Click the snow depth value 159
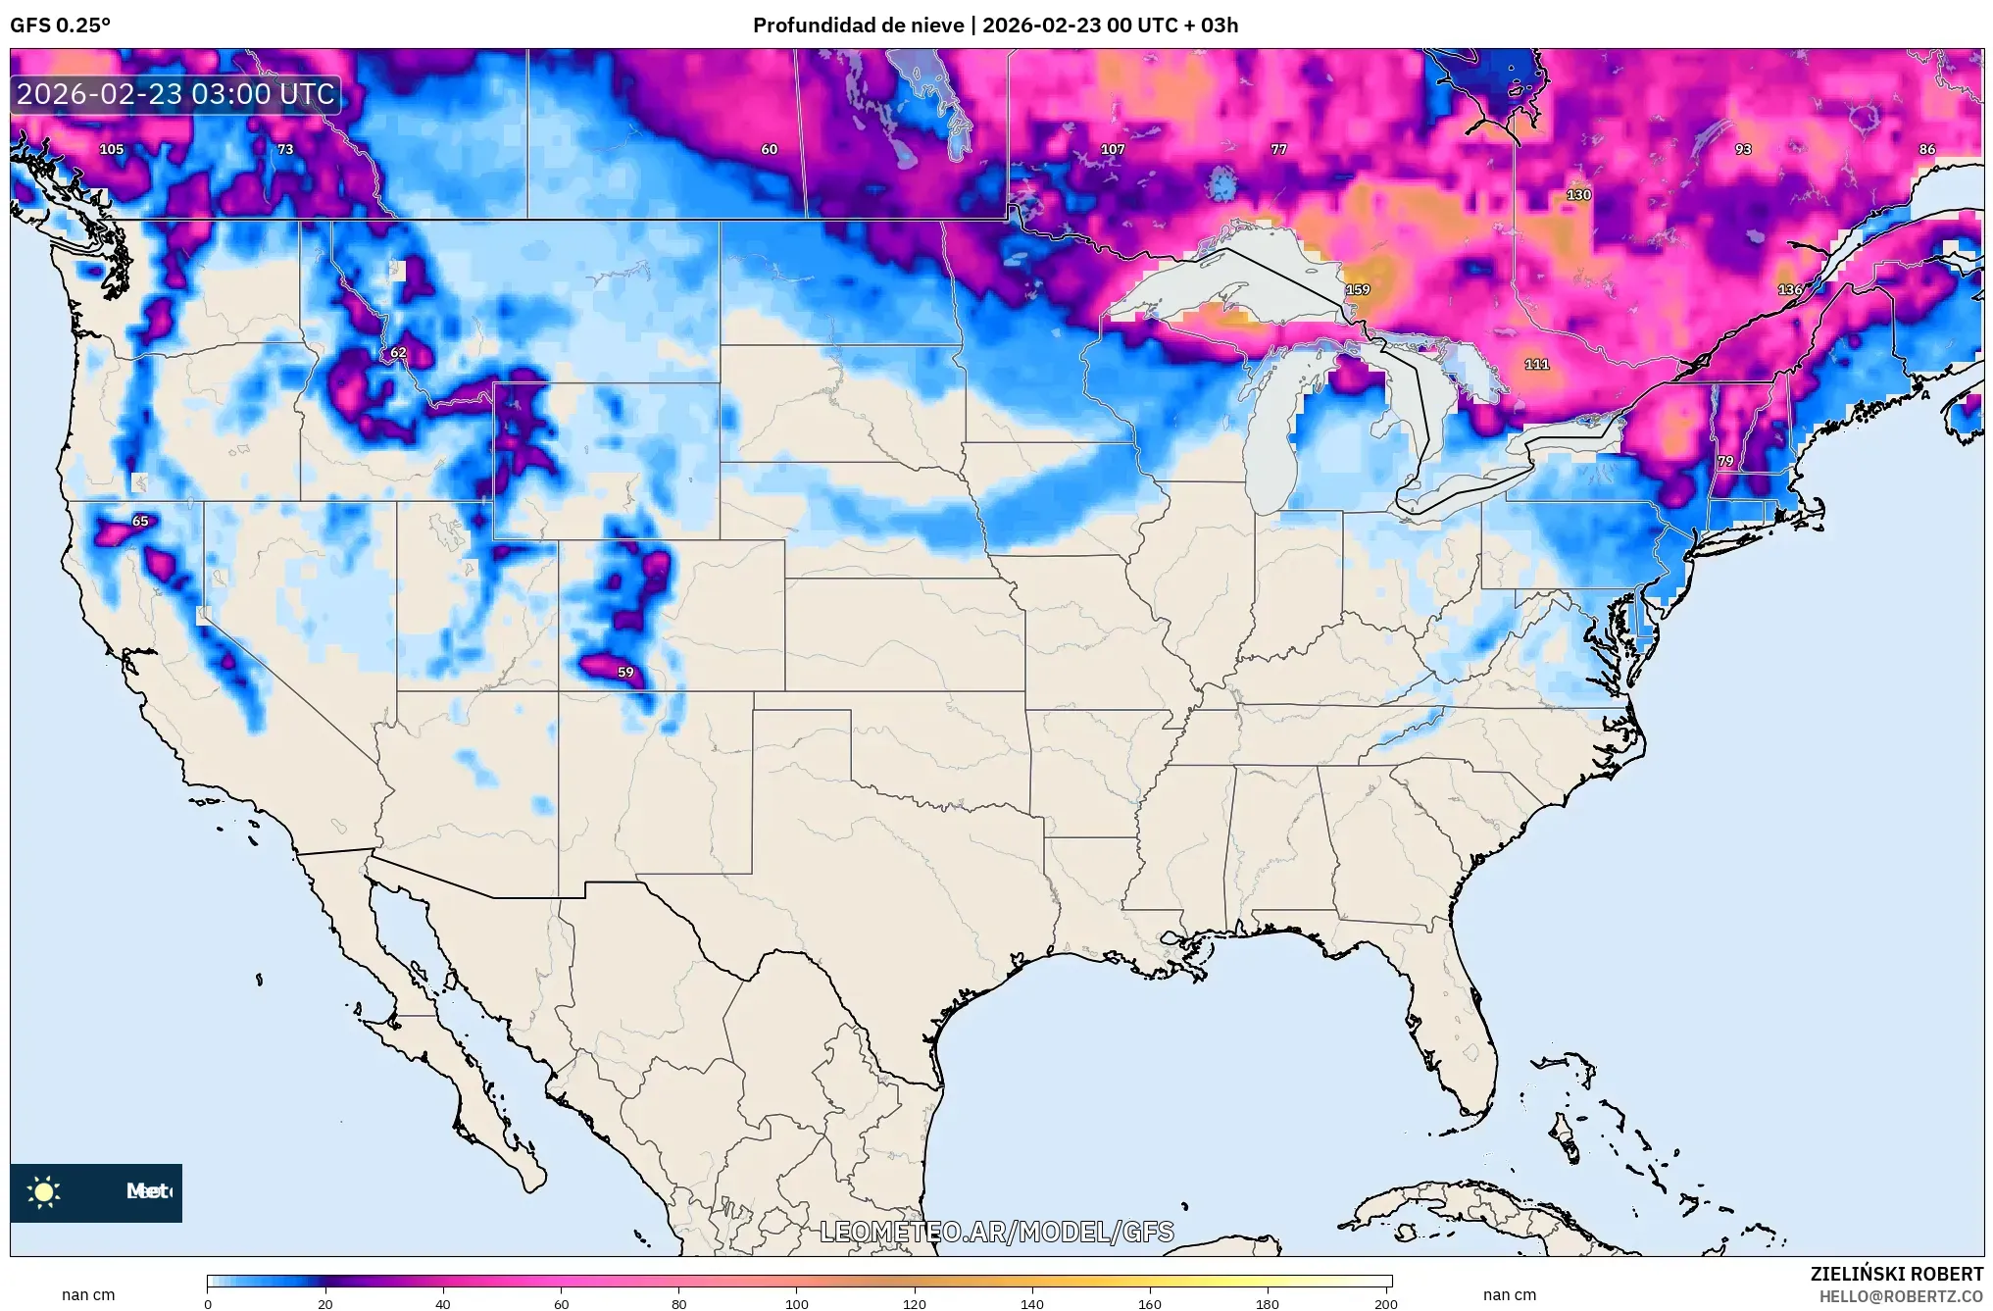tap(1358, 289)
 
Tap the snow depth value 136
tap(1790, 289)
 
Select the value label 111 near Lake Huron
tap(1536, 364)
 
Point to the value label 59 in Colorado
tap(625, 672)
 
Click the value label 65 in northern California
tap(140, 521)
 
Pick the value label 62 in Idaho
tap(398, 352)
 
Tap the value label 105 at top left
tap(112, 149)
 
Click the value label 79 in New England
tap(1725, 460)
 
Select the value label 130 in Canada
tap(1578, 194)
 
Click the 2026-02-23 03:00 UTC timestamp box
tap(176, 94)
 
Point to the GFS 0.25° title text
tap(61, 25)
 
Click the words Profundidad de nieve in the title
tap(858, 25)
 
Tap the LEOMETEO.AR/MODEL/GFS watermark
tap(996, 1232)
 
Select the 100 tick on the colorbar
tap(796, 1304)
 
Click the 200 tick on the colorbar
tap(1384, 1304)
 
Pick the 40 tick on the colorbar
tap(443, 1304)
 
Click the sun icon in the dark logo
tap(44, 1191)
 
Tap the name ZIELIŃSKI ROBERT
tap(1896, 1274)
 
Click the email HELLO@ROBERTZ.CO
tap(1901, 1296)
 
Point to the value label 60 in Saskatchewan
tap(770, 149)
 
